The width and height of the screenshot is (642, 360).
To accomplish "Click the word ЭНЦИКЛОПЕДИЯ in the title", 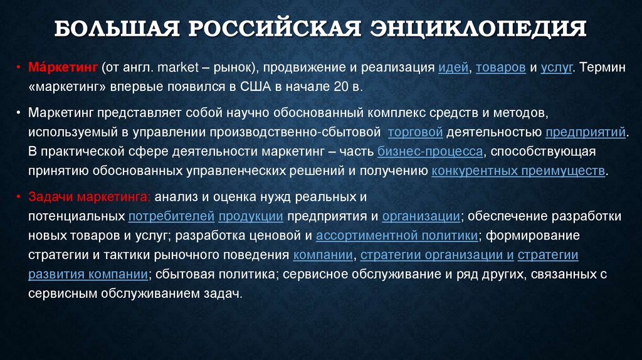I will pos(480,29).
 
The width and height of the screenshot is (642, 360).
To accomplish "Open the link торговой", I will pos(416,132).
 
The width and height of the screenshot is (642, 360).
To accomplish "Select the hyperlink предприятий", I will pos(586,132).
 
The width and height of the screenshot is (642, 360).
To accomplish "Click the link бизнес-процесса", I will pos(430,151).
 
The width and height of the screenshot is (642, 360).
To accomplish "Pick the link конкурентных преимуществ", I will pos(518,171).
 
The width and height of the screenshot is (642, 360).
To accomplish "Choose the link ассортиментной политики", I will pos(397,236).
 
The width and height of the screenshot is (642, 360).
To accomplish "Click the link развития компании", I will pos(88,275).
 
